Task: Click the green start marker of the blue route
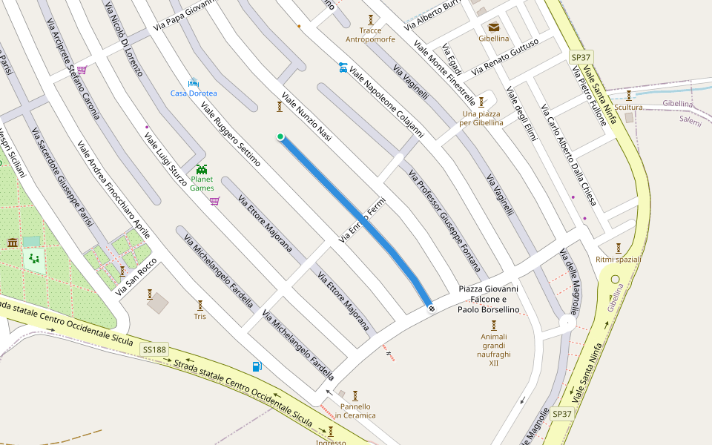(280, 136)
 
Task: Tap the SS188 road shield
(155, 349)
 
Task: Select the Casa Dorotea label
(194, 93)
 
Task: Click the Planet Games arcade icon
(202, 169)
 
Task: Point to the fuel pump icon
(257, 366)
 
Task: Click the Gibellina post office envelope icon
(494, 27)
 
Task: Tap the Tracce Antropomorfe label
(370, 35)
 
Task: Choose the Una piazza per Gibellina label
(481, 118)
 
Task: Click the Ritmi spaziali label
(618, 260)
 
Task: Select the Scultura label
(629, 108)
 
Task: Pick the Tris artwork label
(200, 316)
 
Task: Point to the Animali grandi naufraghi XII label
(494, 349)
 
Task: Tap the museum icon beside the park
(13, 243)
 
